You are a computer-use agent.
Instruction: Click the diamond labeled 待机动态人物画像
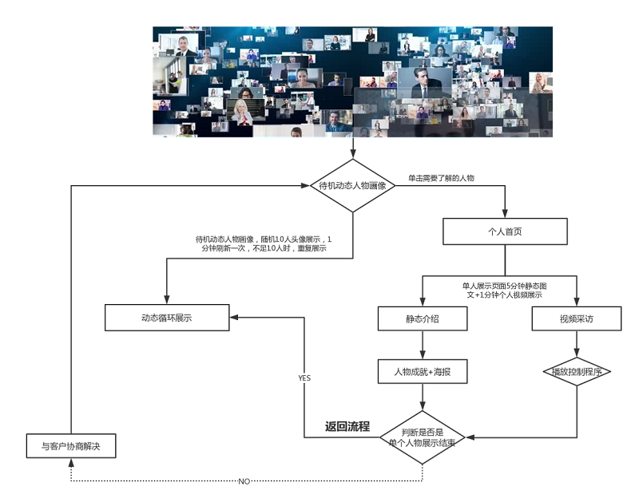tap(352, 186)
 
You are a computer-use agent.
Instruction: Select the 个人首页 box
tap(505, 231)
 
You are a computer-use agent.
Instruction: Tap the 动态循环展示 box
tap(167, 318)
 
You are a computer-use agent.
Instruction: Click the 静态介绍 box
tap(422, 318)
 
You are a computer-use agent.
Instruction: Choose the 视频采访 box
tap(576, 318)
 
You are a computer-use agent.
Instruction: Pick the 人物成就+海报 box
tap(422, 371)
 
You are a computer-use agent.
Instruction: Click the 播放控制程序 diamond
tap(576, 372)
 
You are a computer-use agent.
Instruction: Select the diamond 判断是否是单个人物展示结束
tap(422, 437)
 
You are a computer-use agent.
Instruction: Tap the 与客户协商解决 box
tap(69, 445)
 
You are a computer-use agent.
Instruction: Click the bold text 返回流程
tap(347, 426)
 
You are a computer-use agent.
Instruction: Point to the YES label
tap(304, 377)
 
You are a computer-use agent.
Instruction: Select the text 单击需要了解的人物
tap(442, 178)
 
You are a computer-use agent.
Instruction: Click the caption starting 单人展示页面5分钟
tap(504, 290)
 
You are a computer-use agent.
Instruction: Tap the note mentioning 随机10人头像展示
tap(263, 244)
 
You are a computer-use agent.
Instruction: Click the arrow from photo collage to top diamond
tap(352, 148)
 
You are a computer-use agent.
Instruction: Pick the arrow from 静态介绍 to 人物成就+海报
tap(422, 345)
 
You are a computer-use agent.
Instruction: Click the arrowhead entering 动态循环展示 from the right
tap(235, 318)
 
